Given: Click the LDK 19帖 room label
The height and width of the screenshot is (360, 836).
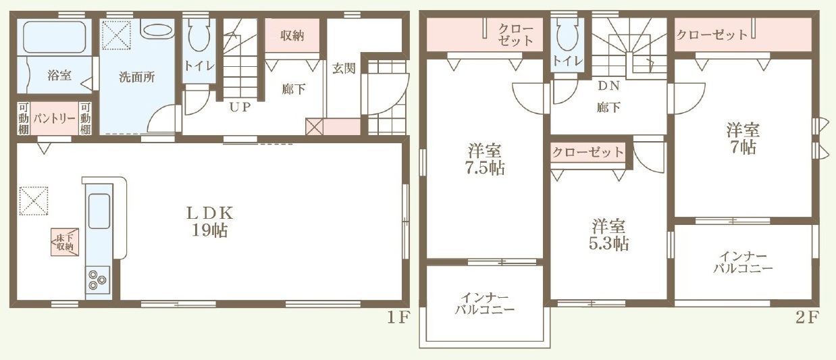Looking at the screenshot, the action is pos(210,222).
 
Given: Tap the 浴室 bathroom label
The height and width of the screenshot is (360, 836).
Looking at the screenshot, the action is pos(59,75).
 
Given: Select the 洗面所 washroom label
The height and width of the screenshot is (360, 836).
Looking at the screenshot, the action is pos(137,77).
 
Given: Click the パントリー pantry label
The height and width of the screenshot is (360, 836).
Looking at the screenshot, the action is pos(55,119).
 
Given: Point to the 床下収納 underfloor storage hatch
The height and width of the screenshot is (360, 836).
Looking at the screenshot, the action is pos(65,242).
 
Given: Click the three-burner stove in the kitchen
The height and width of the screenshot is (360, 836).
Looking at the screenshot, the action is pos(98,280).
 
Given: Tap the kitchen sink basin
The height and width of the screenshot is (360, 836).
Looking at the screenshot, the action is pos(99,211).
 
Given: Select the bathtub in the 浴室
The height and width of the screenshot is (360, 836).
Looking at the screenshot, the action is pos(55,36).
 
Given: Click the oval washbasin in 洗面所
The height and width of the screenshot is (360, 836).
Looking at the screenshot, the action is pos(159,31).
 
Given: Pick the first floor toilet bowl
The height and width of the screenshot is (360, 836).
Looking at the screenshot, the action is pos(199,36).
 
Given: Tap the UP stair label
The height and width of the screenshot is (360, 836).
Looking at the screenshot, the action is pos(240,107).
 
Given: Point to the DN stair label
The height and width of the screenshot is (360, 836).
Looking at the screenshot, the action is pos(608,86).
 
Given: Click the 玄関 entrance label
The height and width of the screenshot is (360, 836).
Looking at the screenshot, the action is pos(344,68).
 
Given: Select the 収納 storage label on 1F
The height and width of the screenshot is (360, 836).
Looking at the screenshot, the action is pos(292,36).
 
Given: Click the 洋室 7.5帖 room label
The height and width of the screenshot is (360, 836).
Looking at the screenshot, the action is pos(485,159).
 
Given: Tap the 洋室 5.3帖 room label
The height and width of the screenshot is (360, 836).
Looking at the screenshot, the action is pos(608,235).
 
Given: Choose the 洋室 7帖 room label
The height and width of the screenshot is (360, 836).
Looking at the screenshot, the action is pos(743,138).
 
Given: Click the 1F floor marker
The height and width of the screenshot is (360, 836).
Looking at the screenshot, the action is pos(398,318).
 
